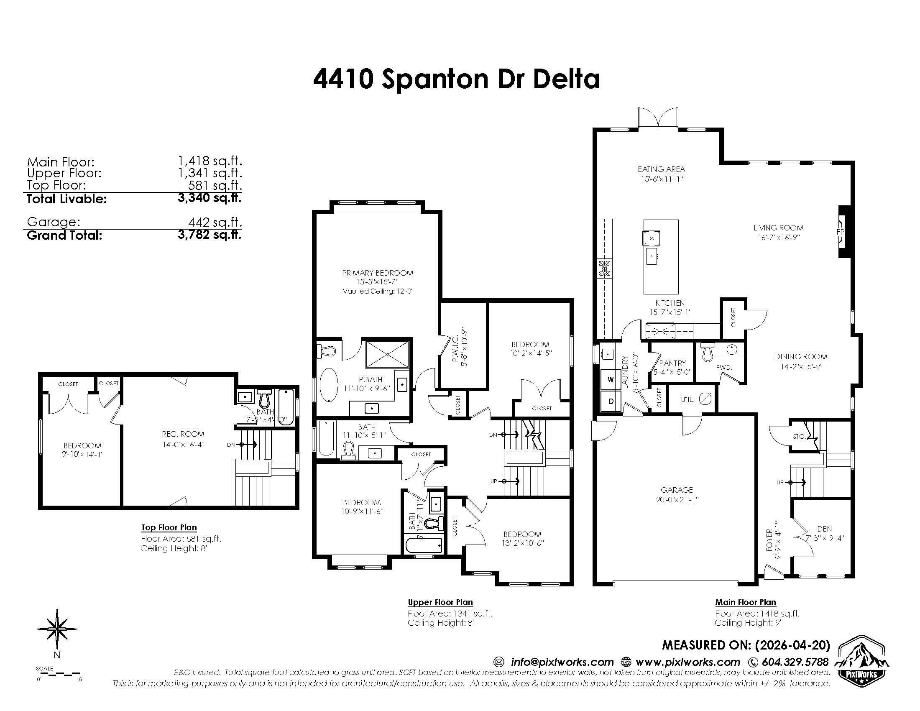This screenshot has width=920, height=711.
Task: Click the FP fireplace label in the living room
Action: pos(840,232)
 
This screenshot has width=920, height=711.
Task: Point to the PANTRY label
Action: pos(672,363)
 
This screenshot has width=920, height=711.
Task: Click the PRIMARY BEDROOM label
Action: pos(378,273)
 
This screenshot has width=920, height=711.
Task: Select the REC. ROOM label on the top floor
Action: pos(183,434)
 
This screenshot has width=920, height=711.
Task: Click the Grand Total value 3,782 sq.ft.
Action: pos(210,235)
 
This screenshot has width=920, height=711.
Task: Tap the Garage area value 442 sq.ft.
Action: pos(215,223)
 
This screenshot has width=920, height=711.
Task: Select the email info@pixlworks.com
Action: pos(562,662)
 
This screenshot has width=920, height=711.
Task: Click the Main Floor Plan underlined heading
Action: pos(745,602)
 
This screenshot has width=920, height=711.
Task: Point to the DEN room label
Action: pos(824,529)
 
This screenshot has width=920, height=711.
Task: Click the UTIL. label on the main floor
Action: pos(687,400)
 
